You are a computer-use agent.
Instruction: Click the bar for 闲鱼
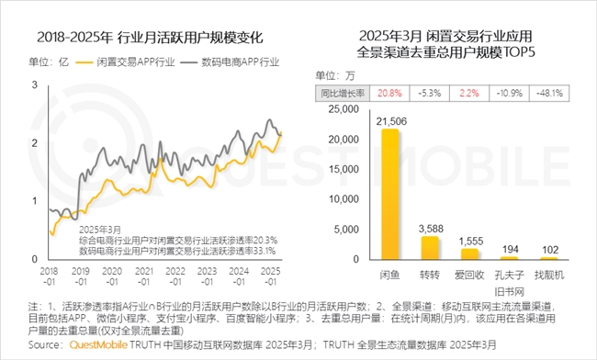(x=390, y=195)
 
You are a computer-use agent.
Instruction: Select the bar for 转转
(x=431, y=248)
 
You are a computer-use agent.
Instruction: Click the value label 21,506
(x=390, y=121)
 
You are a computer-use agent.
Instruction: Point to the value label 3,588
(x=431, y=228)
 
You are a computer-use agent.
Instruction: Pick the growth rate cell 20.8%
(x=389, y=93)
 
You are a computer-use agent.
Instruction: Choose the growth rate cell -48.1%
(x=551, y=93)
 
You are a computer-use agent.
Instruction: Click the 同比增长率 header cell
(x=343, y=93)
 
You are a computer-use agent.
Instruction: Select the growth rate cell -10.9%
(x=511, y=93)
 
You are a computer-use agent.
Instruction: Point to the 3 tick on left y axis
(x=35, y=84)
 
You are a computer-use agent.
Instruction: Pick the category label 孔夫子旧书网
(x=512, y=282)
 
